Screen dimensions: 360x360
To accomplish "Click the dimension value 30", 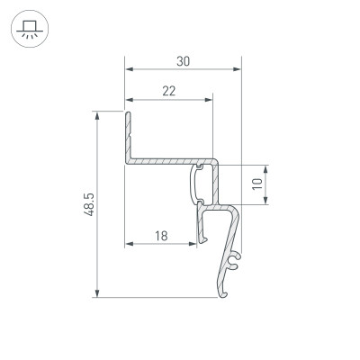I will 183,61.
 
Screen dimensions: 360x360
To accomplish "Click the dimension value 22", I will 168,91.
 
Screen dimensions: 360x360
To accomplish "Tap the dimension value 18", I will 161,237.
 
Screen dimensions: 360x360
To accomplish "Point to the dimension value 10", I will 258,185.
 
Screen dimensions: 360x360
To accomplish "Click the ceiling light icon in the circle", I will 29,29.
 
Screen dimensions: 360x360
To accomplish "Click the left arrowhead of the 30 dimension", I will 128,69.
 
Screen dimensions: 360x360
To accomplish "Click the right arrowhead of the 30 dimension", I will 239,69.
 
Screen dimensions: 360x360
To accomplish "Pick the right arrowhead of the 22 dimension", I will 210,99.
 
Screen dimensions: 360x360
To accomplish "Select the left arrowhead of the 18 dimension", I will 128,245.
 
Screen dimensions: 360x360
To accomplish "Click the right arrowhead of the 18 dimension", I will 194,245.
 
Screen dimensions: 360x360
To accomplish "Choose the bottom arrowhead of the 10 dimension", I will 267,202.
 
